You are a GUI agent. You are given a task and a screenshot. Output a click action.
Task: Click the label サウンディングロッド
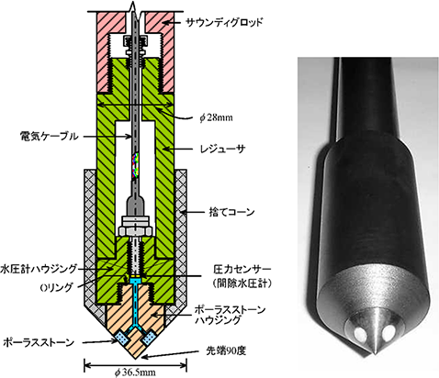pos(224,22)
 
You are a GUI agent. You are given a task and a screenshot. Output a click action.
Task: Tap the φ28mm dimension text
pos(216,117)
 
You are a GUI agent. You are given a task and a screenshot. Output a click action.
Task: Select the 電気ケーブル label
pos(49,137)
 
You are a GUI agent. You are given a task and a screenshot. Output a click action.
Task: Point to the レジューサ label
pos(222,150)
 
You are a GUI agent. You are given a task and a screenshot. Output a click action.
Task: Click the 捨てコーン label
pos(231,212)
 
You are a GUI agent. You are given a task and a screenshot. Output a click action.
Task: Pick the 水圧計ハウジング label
pos(39,269)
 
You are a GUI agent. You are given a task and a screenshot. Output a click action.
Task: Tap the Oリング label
pos(57,287)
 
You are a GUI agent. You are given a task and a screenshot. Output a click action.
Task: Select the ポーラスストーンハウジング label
pos(230,315)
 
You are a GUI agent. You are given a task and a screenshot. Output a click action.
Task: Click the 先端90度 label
pos(226,351)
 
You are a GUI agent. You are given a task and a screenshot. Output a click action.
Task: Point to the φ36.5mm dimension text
pos(135,372)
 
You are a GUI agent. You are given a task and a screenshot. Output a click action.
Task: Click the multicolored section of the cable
pos(136,165)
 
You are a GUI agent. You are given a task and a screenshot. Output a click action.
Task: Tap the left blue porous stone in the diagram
pos(122,338)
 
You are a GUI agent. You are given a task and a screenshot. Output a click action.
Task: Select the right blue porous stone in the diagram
pos(149,338)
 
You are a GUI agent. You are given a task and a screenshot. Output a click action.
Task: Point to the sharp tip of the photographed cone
pos(375,354)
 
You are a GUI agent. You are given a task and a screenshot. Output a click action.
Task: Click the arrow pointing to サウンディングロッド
pos(173,22)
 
